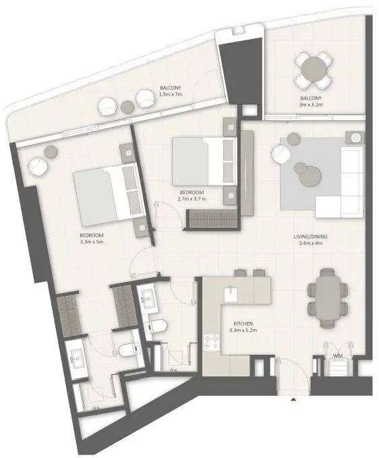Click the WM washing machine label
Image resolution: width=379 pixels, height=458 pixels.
338,356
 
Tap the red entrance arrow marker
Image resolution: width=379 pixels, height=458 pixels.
293,400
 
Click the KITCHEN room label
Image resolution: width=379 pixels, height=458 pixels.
243,324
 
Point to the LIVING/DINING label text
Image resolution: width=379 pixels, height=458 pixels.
310,237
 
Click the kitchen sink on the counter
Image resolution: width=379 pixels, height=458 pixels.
231,294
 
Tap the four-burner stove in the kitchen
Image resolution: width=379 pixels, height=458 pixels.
211,343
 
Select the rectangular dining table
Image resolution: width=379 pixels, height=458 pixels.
328,297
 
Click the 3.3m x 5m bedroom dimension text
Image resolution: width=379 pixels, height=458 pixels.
92,242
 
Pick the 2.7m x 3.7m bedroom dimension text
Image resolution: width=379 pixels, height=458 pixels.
192,199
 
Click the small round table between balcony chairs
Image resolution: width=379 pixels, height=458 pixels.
127,107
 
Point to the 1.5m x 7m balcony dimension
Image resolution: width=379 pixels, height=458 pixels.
171,94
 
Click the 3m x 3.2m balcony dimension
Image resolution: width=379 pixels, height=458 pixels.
311,105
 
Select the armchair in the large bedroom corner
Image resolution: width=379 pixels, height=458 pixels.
38,167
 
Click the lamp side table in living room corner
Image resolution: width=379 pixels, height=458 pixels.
355,138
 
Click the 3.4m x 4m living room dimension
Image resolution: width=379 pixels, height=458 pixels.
310,243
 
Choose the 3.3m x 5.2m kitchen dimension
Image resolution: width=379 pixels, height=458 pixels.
243,331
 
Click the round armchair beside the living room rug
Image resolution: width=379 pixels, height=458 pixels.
281,154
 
